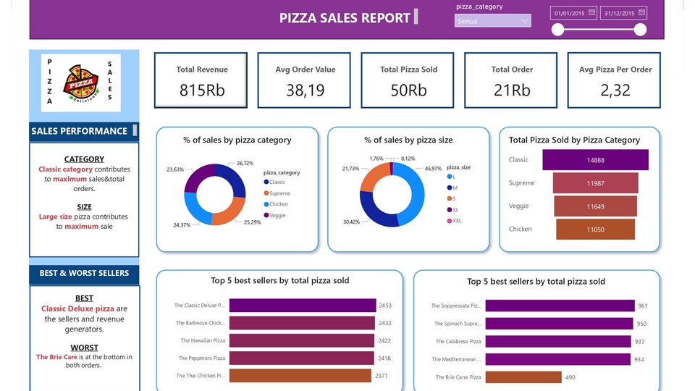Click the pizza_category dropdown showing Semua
[492, 22]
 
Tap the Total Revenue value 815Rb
[201, 90]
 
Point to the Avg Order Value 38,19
[305, 90]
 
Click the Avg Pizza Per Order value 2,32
[615, 90]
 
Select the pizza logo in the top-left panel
[81, 82]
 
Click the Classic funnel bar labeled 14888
[595, 160]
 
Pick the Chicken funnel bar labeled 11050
[595, 230]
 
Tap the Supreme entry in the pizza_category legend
[278, 193]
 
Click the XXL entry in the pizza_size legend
[456, 221]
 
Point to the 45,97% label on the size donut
[433, 169]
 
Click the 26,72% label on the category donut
[245, 164]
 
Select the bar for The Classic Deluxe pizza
[303, 306]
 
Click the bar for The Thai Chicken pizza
[300, 376]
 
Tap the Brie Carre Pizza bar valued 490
[523, 377]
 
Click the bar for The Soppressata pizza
[560, 306]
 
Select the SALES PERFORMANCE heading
[79, 131]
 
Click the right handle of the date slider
[640, 30]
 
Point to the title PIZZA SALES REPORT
[345, 18]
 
